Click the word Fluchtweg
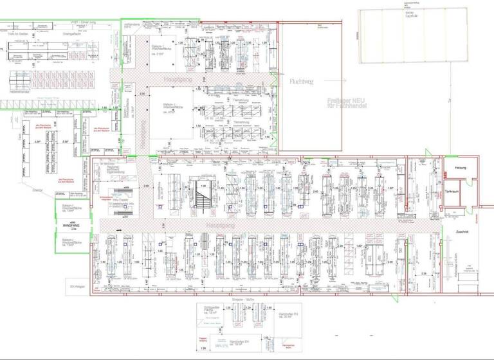coord(302,82)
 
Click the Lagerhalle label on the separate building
coord(408,14)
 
